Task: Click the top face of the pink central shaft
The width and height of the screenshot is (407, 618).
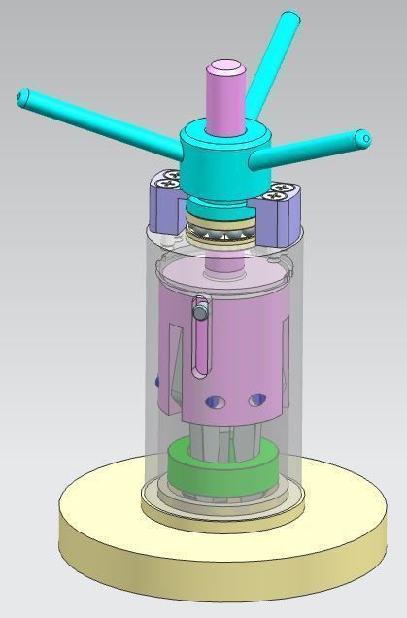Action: coord(224,68)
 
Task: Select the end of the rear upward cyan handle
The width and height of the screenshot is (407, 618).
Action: coord(288,18)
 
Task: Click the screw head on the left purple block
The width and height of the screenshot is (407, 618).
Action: coord(169,180)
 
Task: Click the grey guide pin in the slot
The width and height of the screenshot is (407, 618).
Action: coord(200,311)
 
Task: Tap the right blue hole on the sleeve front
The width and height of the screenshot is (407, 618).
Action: coord(256,399)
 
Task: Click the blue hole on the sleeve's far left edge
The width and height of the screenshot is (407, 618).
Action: coord(156,382)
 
